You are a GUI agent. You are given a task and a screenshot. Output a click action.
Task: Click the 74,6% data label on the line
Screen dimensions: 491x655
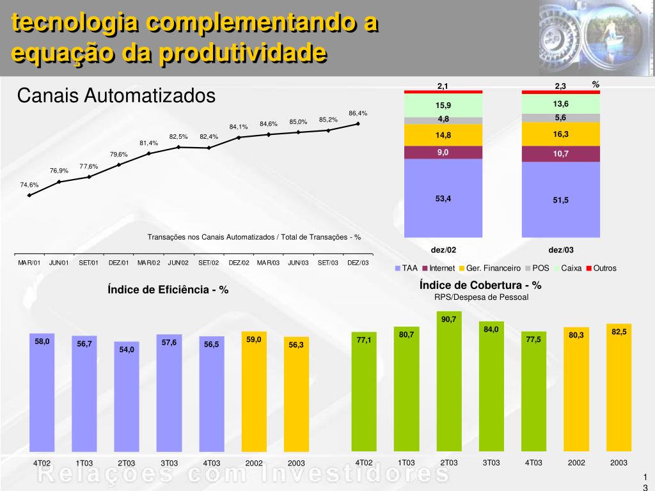[29, 185]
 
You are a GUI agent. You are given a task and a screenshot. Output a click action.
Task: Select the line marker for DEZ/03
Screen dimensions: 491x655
[358, 124]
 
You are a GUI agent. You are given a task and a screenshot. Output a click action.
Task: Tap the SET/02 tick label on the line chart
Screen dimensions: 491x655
[209, 263]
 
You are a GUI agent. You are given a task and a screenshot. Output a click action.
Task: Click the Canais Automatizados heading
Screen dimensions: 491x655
[116, 97]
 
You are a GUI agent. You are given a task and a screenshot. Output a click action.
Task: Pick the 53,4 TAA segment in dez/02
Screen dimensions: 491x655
[443, 198]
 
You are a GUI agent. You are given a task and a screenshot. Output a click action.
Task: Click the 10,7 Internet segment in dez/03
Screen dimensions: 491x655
[561, 154]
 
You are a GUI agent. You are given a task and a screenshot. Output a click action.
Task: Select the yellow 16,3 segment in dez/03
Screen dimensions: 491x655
[561, 134]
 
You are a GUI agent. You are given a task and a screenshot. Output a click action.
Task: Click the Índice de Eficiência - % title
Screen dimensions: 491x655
[168, 290]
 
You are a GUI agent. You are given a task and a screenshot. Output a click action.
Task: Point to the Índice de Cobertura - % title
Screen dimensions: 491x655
[480, 285]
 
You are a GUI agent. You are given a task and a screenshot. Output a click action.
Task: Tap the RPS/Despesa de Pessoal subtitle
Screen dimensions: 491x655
[481, 297]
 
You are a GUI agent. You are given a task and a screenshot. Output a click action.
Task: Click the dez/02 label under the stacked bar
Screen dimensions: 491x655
[443, 250]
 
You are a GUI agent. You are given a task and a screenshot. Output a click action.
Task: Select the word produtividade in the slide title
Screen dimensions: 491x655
[242, 52]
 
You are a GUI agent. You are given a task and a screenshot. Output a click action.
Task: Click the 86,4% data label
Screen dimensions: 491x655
[358, 113]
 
